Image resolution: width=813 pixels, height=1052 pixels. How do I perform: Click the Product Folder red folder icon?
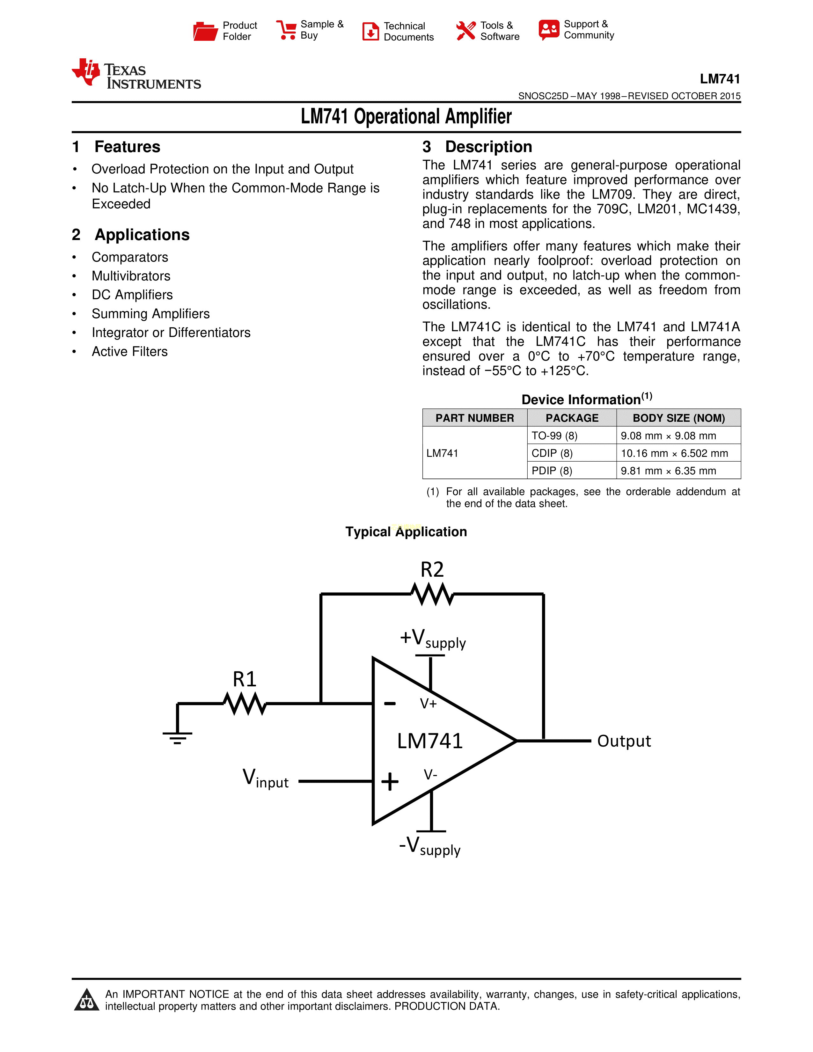[205, 31]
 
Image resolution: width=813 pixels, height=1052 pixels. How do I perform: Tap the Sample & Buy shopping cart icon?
[287, 30]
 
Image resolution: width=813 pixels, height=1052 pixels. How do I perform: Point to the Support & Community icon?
[549, 30]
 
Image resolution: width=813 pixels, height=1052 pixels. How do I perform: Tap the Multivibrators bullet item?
[131, 276]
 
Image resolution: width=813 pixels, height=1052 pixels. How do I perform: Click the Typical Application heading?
[406, 532]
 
